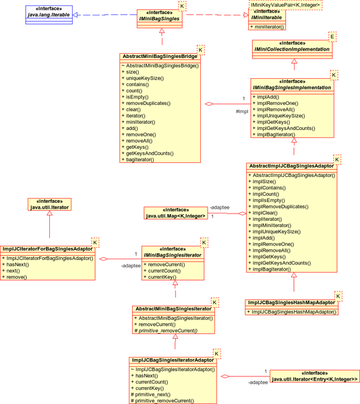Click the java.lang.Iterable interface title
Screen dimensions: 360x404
click(x=49, y=15)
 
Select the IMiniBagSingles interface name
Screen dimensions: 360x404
click(x=159, y=19)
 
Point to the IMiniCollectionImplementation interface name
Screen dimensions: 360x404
click(x=292, y=49)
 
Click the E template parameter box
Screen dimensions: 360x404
click(x=332, y=36)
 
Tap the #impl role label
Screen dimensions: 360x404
click(x=242, y=111)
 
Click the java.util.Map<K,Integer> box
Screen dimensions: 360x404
click(x=175, y=213)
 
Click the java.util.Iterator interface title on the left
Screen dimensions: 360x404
click(x=49, y=207)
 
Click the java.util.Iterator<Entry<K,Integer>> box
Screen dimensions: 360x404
click(x=315, y=376)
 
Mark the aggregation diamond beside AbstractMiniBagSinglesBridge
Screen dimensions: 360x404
click(x=209, y=104)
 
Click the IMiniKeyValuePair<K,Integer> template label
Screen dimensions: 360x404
click(x=285, y=5)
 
